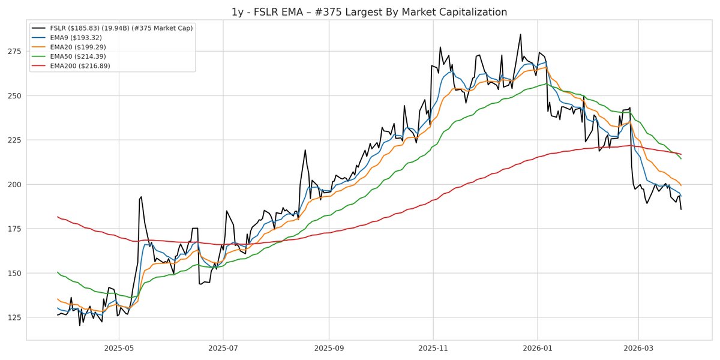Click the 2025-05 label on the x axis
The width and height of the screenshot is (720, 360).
click(118, 348)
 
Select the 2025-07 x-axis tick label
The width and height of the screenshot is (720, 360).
click(223, 348)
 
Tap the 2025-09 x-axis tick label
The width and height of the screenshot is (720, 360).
click(329, 348)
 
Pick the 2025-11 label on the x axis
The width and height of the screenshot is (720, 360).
click(433, 348)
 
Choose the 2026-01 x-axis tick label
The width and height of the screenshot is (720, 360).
click(538, 348)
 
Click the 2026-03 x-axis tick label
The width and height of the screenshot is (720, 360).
click(638, 348)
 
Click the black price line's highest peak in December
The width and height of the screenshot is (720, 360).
click(520, 34)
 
